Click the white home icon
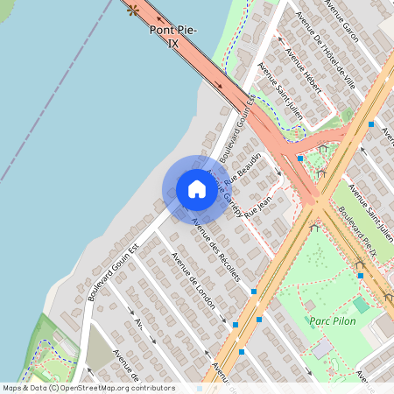pos(197,189)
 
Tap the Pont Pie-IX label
pos(173,36)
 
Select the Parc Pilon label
pos(332,320)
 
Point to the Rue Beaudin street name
pos(243,168)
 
